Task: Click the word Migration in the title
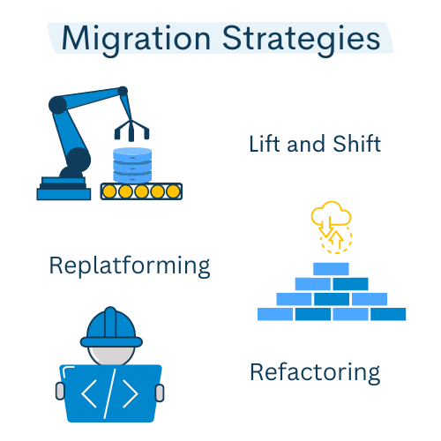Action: coord(136,40)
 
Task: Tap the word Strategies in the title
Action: coord(302,40)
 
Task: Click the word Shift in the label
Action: coord(357,144)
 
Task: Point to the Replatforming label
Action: coord(130,266)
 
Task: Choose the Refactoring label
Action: coord(315,373)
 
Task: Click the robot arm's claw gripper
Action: coord(131,130)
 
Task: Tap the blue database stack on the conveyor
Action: coord(132,165)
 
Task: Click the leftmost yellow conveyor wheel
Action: coord(109,191)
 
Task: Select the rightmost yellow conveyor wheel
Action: coord(173,191)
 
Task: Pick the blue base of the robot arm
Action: coord(64,189)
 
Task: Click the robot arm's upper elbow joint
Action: coord(57,105)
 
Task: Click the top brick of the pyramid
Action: coord(331,269)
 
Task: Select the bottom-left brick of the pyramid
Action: coord(275,314)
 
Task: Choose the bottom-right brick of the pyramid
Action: coord(388,314)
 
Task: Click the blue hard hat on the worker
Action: coord(111,327)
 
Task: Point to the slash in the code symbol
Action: coord(110,393)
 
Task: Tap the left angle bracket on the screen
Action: coord(89,393)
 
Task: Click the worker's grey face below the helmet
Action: coord(111,355)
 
